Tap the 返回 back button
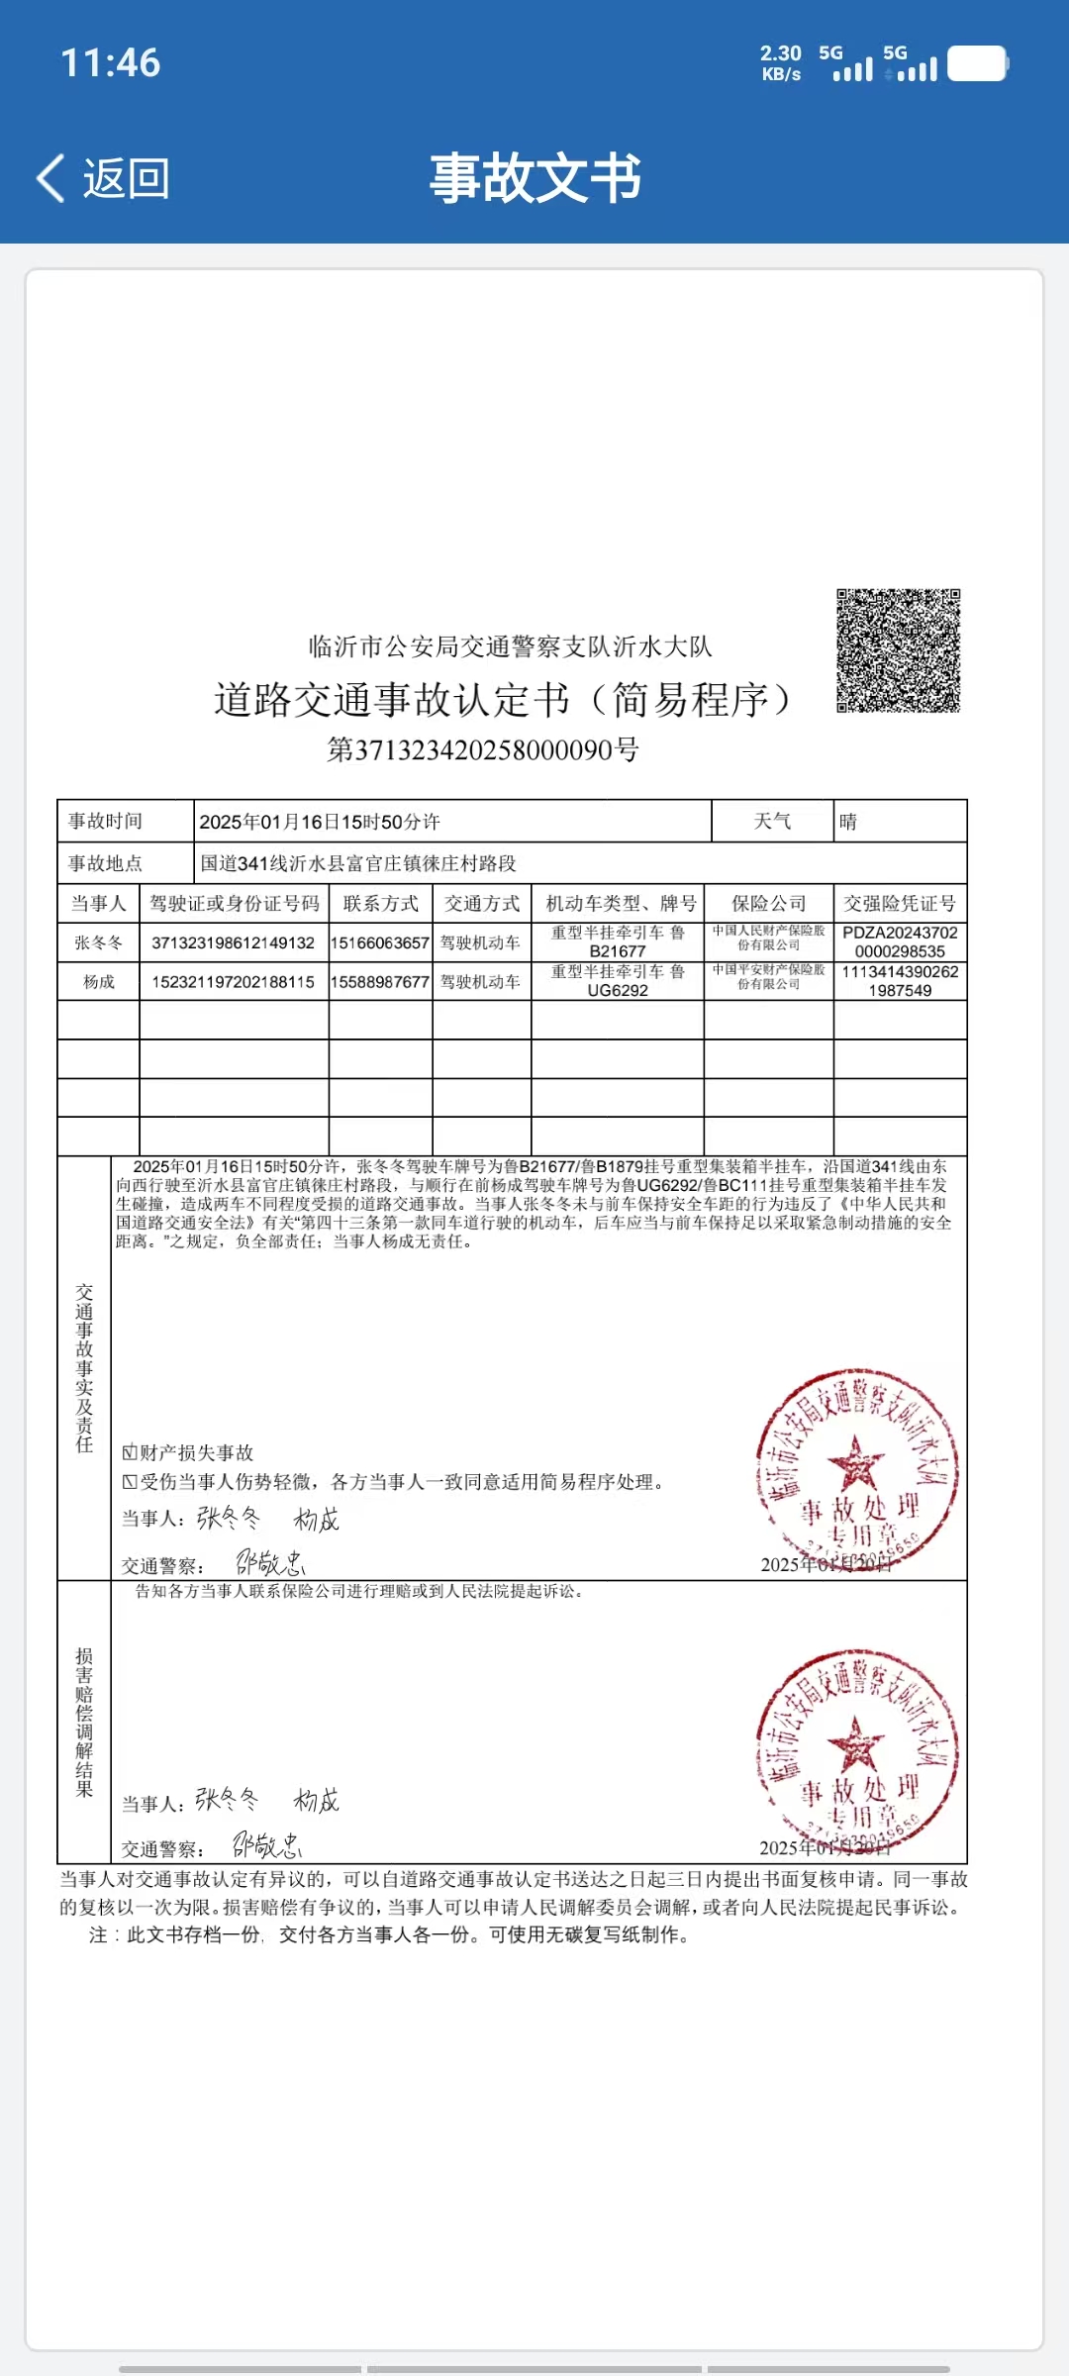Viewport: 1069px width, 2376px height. (104, 179)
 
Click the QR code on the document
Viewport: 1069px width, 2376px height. (898, 650)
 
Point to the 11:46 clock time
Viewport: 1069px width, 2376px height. (110, 63)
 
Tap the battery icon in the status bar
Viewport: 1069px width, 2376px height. (977, 64)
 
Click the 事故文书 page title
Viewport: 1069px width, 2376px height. (534, 179)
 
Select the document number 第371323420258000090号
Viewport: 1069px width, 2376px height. (483, 750)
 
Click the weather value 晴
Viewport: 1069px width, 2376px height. (848, 822)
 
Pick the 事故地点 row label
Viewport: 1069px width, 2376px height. (106, 863)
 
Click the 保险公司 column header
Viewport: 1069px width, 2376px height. (768, 904)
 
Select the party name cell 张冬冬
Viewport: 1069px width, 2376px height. (98, 942)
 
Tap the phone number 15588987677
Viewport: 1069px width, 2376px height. (380, 982)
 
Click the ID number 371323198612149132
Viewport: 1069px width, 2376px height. (233, 942)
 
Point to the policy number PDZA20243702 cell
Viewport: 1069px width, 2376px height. (900, 941)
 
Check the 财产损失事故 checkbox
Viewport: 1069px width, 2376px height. (130, 1453)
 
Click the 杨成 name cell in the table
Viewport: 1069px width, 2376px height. (98, 982)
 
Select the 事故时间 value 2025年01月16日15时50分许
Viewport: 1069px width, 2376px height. (320, 822)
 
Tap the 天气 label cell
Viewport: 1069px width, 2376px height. (772, 822)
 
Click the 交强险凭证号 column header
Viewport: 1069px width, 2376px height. (899, 904)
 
